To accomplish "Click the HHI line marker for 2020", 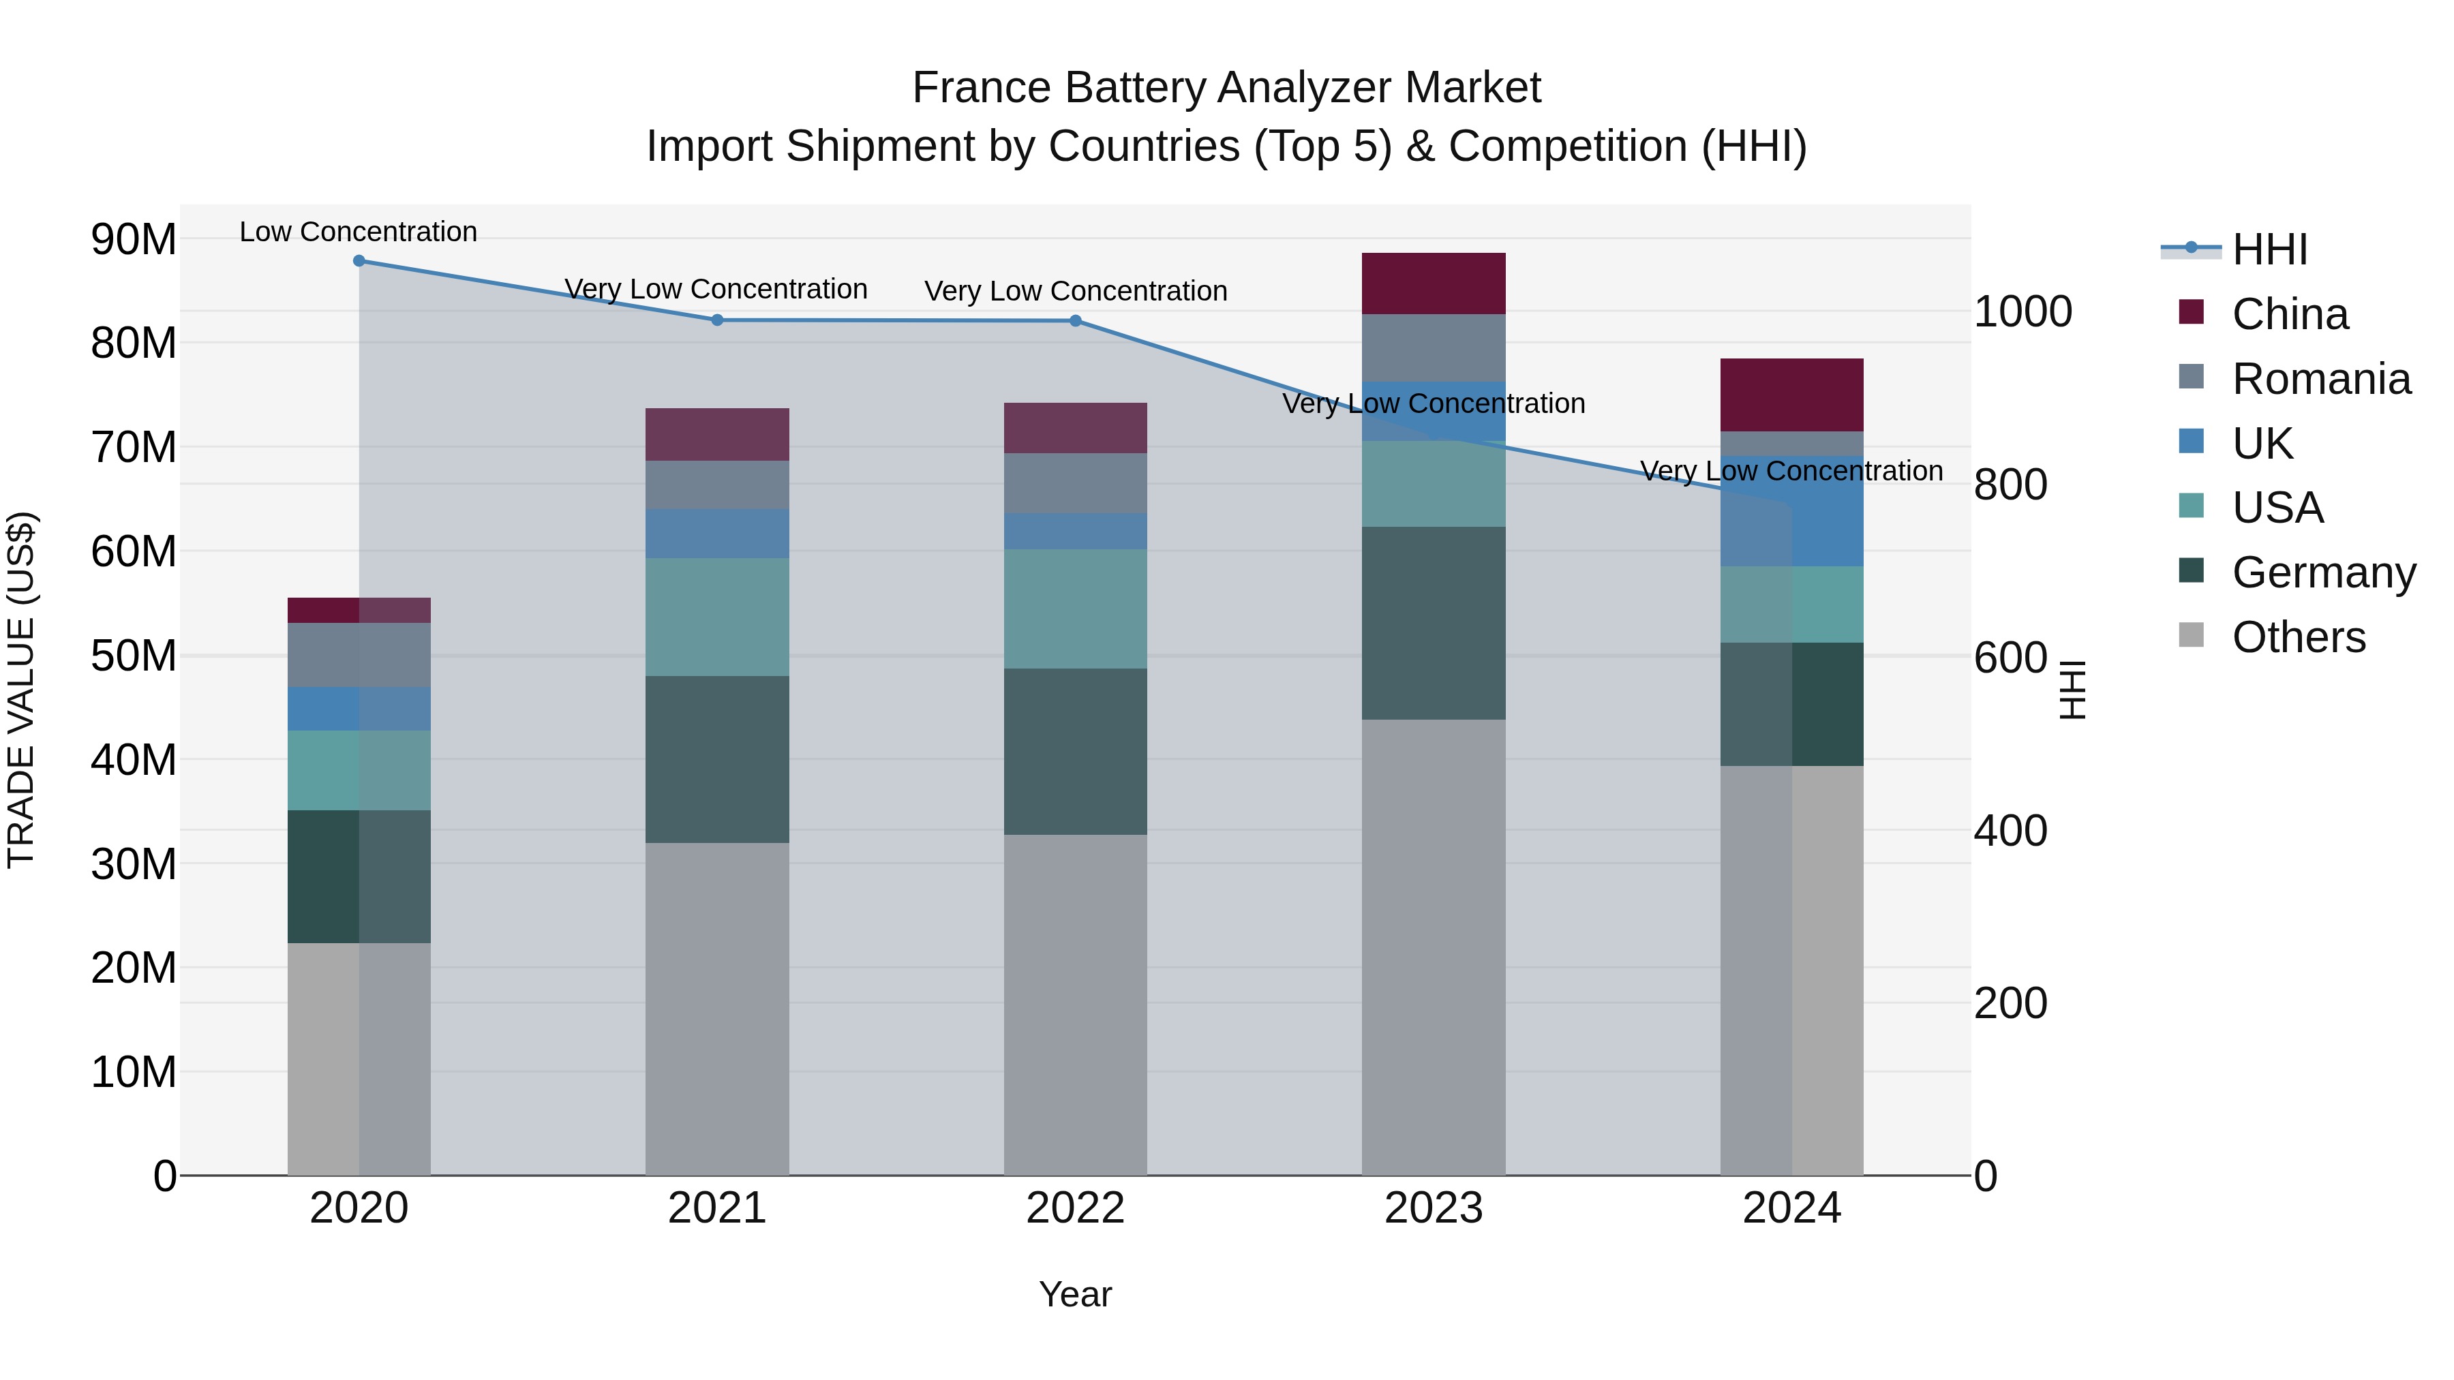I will point(359,261).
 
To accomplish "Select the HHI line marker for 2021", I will point(717,320).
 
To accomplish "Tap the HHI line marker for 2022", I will point(1076,321).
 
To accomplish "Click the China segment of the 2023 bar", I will point(1433,283).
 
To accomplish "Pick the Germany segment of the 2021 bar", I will point(717,759).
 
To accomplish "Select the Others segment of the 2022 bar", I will point(1076,1005).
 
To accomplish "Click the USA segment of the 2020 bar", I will point(359,771).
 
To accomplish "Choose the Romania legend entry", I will point(2320,379).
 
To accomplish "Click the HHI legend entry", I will point(2269,249).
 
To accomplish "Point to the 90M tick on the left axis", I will point(134,239).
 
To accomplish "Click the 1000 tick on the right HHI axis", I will point(2023,311).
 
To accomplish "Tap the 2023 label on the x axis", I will point(1433,1208).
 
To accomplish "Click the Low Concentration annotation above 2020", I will point(358,232).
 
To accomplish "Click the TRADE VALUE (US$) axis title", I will point(22,690).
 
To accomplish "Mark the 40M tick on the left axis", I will point(134,760).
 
